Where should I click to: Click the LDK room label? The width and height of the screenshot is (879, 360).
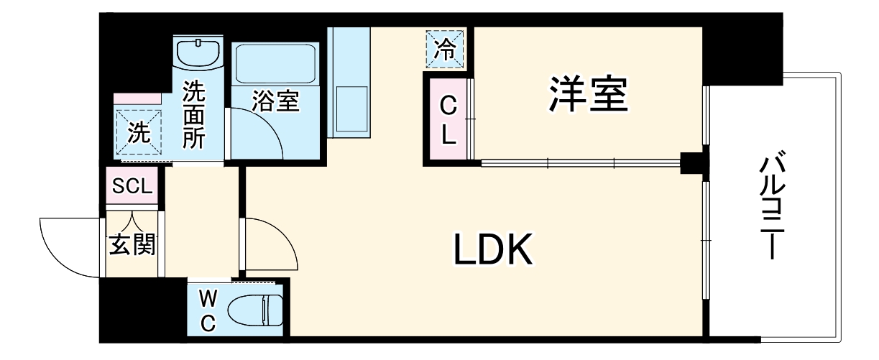(493, 250)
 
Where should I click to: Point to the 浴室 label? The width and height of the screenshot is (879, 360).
(275, 101)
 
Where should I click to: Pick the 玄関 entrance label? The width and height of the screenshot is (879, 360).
(132, 246)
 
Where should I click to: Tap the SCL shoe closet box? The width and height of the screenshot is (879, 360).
(132, 187)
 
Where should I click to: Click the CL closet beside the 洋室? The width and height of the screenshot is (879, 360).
(447, 120)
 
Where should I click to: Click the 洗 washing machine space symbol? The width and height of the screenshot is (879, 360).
(139, 131)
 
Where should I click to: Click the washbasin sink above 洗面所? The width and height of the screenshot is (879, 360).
(198, 53)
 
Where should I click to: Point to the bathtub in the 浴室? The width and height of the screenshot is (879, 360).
(275, 63)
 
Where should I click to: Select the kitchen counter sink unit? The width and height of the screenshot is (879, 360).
(349, 83)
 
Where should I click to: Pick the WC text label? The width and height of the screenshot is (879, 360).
(208, 309)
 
